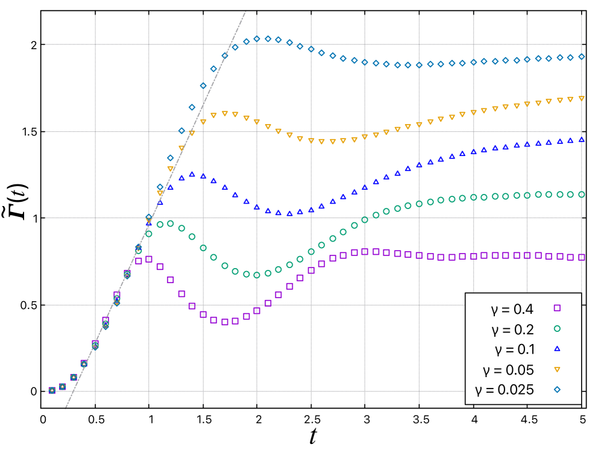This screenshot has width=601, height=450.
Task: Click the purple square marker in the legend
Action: (557, 308)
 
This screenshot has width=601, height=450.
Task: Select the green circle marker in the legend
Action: (557, 328)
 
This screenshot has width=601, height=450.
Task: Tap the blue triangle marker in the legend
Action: (557, 348)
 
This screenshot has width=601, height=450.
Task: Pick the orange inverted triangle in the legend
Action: (557, 369)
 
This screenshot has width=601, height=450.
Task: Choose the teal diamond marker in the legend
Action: (557, 390)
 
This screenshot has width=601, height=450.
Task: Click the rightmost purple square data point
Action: (582, 257)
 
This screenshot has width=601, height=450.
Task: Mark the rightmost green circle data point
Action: (582, 195)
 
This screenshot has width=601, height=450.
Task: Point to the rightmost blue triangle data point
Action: (582, 139)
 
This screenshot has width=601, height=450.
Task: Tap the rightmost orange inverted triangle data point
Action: (582, 98)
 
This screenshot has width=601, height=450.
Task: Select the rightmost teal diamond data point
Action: (582, 57)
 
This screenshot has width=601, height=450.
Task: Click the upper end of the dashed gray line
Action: (245, 11)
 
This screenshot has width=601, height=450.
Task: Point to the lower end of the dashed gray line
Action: (66, 408)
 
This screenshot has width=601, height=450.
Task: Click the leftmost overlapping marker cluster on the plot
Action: (52, 390)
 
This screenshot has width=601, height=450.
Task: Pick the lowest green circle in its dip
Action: (257, 275)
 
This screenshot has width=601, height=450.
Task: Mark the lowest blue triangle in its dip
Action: (289, 213)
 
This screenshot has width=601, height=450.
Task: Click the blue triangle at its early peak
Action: (192, 174)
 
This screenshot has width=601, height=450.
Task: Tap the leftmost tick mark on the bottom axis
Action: (95, 399)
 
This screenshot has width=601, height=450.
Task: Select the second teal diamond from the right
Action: (570, 57)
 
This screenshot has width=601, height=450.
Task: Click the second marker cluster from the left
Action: (63, 387)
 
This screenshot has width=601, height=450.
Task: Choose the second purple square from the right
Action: (570, 257)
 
